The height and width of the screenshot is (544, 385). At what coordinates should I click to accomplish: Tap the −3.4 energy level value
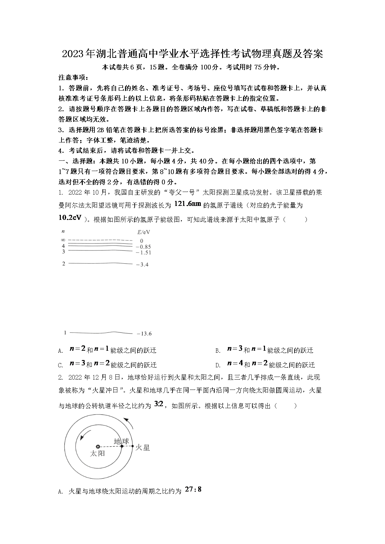click(x=142, y=265)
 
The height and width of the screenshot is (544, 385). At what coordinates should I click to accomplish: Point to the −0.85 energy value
click(x=143, y=247)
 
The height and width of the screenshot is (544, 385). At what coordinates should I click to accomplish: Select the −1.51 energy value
click(x=143, y=252)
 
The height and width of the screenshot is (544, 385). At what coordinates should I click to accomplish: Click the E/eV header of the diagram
click(x=143, y=232)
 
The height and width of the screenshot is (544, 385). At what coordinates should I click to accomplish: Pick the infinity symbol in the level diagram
click(x=63, y=240)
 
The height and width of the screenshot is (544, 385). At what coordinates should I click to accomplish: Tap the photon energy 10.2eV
click(x=70, y=218)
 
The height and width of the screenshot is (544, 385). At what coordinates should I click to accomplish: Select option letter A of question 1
click(x=61, y=351)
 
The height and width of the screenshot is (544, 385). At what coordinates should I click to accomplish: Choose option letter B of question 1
click(x=218, y=351)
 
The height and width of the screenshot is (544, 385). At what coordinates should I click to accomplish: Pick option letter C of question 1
click(x=61, y=365)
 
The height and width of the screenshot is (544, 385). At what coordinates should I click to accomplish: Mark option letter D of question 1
click(x=218, y=365)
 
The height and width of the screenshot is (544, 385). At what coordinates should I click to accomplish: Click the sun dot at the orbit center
click(x=98, y=447)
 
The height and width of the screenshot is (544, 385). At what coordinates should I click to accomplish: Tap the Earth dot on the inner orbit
click(x=122, y=446)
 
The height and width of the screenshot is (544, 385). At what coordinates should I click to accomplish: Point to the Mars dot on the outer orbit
click(x=133, y=446)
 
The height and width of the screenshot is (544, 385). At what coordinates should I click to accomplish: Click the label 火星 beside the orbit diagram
click(x=142, y=447)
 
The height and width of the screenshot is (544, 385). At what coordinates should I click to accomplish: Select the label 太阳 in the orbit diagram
click(x=97, y=454)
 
